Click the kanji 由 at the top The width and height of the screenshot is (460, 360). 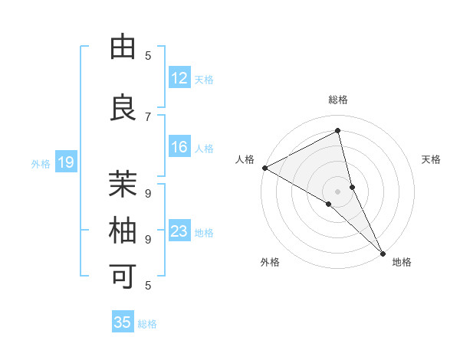coord(123,47)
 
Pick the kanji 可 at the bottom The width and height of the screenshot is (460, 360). coord(123,276)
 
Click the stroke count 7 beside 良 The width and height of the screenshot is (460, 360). coord(149,116)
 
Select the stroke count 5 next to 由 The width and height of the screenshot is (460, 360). coord(149,55)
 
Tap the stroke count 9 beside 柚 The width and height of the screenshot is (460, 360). coord(149,239)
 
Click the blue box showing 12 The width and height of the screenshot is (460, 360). coord(179,78)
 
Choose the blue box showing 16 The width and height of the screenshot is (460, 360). coord(179,147)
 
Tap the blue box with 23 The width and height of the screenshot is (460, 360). coord(179,231)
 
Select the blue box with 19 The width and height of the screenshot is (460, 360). coord(66,162)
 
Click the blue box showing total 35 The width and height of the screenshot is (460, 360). coord(123,322)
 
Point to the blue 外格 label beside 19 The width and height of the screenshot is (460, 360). coord(41,163)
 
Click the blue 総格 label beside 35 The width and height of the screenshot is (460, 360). coord(147,323)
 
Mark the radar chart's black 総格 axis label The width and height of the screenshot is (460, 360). coord(338,100)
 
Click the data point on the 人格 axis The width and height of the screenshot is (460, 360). coord(264,168)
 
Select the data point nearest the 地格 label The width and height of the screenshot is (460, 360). coord(382,253)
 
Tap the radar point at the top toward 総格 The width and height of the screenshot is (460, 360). coord(338,131)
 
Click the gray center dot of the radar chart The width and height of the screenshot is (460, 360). coord(338,190)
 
